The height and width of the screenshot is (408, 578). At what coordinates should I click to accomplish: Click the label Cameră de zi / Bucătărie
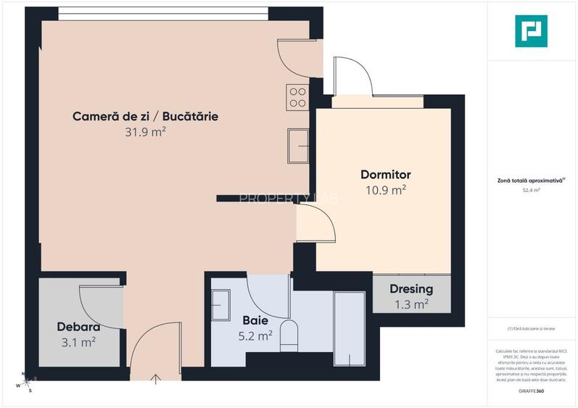(145, 116)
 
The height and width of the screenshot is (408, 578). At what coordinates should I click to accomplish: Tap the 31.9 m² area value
(145, 132)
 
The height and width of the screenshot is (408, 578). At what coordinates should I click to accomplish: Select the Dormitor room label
(386, 175)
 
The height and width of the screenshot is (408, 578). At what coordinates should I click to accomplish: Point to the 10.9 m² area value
(386, 191)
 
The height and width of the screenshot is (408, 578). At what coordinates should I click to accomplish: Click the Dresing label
(411, 288)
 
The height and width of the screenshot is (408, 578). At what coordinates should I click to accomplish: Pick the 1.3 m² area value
(411, 304)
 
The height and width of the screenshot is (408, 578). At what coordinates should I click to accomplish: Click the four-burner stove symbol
(297, 96)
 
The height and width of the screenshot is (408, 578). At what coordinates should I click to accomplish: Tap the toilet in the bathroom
(289, 336)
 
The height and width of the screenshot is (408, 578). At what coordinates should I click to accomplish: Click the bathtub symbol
(349, 330)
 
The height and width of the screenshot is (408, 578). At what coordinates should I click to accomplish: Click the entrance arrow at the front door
(156, 378)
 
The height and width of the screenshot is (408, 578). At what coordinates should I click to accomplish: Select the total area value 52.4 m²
(532, 191)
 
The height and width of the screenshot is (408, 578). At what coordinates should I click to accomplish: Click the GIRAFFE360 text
(532, 392)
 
